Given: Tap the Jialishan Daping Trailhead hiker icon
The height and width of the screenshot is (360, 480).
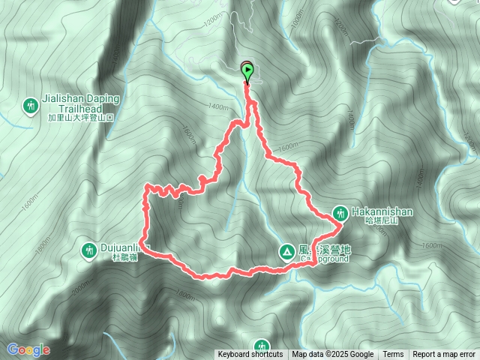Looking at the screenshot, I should coord(31,106).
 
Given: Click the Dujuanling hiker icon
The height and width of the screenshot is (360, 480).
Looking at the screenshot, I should coord(89,249).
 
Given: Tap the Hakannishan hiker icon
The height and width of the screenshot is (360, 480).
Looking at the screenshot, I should coord(339,212).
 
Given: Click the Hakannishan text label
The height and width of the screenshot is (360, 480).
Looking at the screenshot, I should coord(382,211).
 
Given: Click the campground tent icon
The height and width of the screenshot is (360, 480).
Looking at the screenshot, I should coord(286,252).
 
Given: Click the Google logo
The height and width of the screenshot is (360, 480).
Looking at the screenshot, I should coord(28,349).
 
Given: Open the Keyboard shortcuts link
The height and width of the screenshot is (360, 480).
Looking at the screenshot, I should coord(250,355).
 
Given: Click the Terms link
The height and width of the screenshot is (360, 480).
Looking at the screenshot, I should coord(393,355).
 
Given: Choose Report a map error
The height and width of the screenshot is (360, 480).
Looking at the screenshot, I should coord(445,355).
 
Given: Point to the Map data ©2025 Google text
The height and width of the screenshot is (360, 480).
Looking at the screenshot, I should coord(332,355).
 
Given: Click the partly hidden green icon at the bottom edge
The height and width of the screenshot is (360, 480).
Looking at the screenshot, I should coord(261,346).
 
